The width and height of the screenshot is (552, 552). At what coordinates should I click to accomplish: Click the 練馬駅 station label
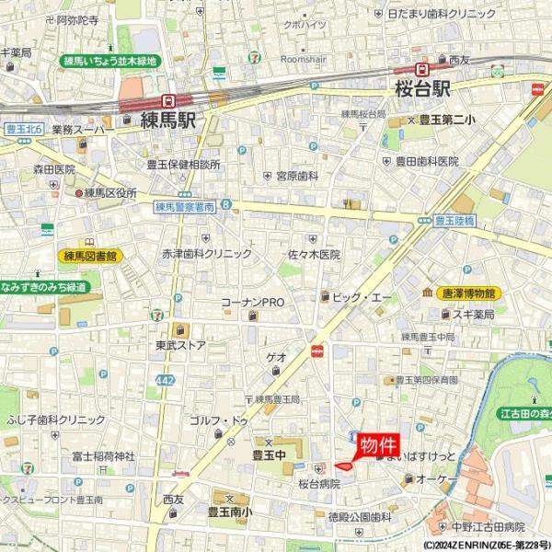point(168,120)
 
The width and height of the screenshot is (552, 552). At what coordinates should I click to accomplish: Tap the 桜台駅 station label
point(422,90)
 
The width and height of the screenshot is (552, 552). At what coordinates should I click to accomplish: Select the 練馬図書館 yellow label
point(90,256)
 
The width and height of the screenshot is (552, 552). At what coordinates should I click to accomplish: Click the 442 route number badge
point(164,379)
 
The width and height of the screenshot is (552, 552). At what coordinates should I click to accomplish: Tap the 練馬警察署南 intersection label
point(184,208)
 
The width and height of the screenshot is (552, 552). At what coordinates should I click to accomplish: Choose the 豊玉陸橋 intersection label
point(454,221)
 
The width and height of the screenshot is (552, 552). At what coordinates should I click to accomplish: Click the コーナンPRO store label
point(253,302)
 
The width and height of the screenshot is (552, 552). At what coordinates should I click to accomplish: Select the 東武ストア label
point(180,346)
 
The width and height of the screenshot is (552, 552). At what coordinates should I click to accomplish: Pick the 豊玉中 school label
point(270,454)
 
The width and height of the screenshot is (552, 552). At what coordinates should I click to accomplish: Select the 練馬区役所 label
point(109,193)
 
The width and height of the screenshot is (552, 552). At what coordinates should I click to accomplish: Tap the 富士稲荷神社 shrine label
point(102,455)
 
